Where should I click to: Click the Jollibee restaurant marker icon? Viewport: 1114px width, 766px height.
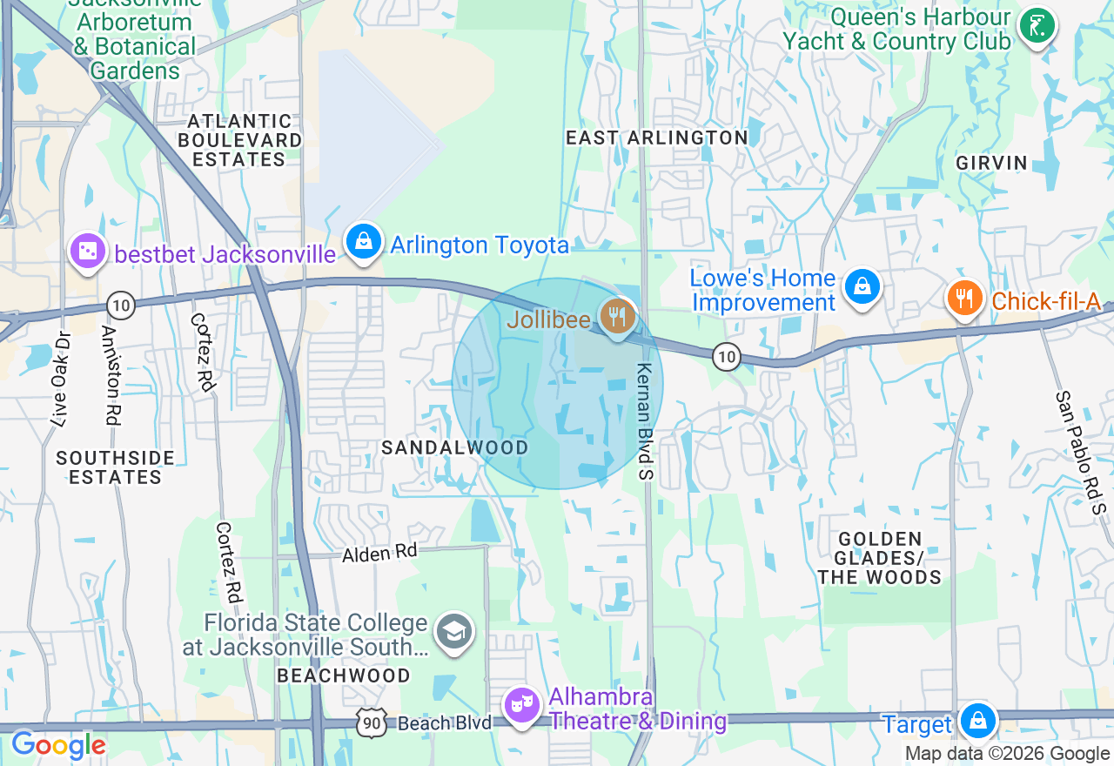point(617,316)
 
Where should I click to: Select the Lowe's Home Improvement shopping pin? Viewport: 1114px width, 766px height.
point(862,286)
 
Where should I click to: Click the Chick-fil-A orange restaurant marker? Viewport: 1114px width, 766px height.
point(963,299)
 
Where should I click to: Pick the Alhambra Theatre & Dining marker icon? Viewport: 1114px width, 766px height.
point(522,705)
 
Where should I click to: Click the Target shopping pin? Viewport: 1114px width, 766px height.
point(978,722)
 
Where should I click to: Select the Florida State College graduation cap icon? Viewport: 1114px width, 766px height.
point(453,633)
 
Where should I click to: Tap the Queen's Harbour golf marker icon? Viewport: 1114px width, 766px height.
point(1037,26)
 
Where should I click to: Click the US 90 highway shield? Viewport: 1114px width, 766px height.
point(370,722)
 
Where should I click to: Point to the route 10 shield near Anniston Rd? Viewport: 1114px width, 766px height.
point(121,305)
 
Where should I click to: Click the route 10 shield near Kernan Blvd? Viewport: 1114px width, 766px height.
point(725,355)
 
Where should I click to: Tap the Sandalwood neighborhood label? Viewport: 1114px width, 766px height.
point(455,447)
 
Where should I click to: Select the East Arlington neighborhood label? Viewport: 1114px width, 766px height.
point(657,138)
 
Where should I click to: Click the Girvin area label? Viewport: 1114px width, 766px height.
point(991,163)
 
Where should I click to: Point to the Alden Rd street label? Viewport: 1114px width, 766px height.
point(379,552)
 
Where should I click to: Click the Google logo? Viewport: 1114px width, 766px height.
point(58,745)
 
